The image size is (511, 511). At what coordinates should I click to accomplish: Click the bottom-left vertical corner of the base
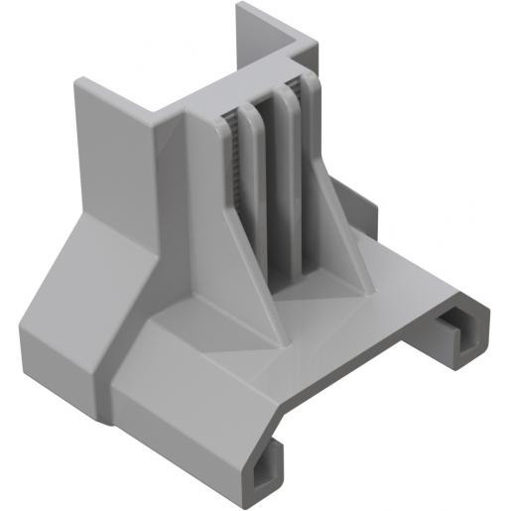click(25, 342)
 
